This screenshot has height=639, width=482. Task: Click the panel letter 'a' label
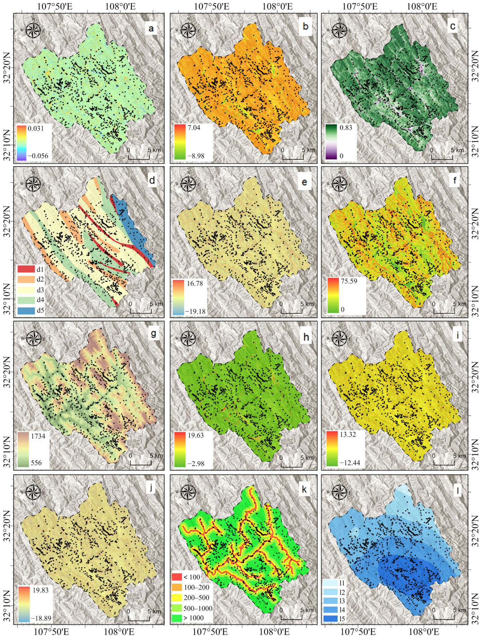click(x=151, y=28)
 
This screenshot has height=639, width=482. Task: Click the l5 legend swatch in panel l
click(x=331, y=618)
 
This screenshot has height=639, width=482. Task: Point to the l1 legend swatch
click(x=331, y=583)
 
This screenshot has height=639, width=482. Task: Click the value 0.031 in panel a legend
click(x=36, y=128)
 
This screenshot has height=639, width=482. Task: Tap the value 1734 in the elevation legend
click(x=38, y=436)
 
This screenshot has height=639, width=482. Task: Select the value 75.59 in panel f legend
click(x=349, y=281)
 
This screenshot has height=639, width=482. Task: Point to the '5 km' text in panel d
click(x=156, y=304)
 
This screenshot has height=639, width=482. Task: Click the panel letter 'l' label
click(x=458, y=490)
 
